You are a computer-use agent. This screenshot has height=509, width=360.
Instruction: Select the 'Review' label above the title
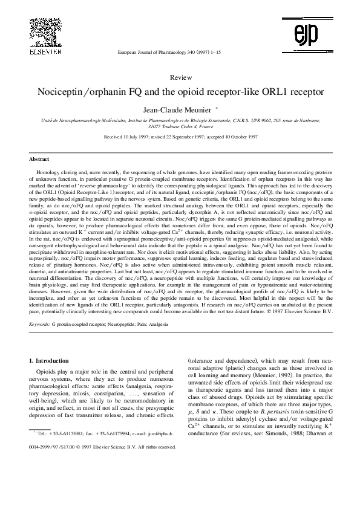tap(182, 78)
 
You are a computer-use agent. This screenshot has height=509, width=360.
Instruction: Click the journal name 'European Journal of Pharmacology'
tap(149, 53)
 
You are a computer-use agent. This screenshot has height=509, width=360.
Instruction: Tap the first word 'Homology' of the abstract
tap(48, 172)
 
